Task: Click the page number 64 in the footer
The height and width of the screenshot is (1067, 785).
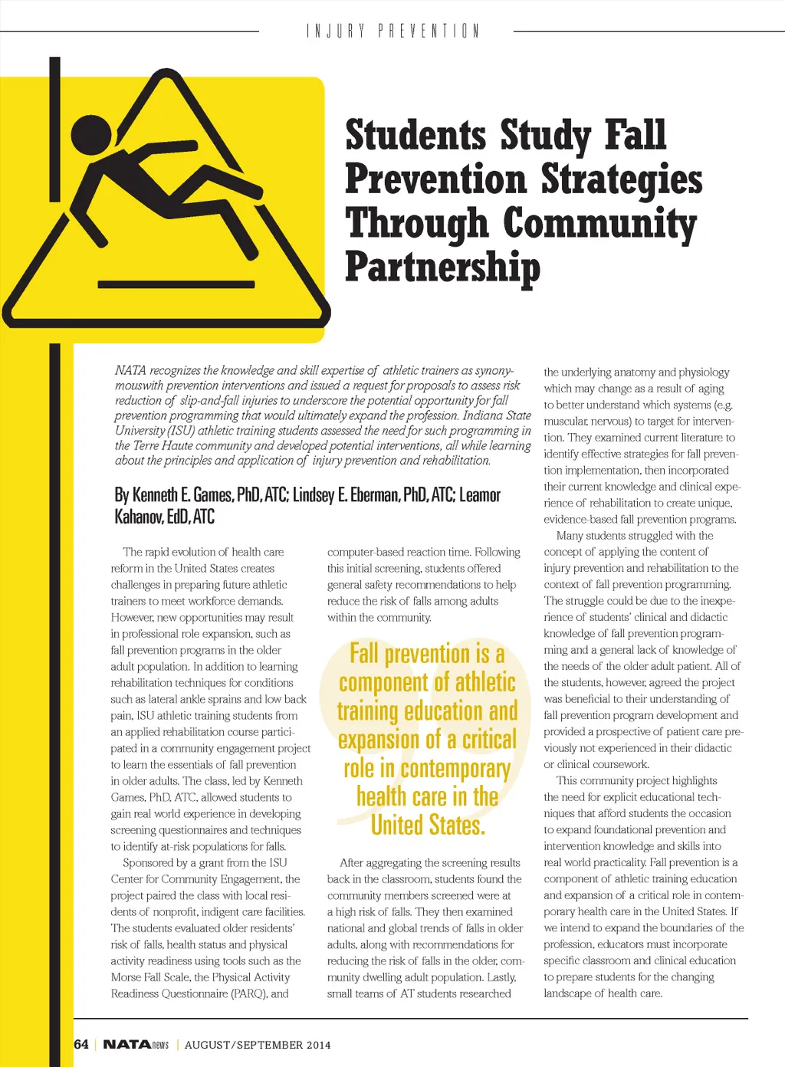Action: [81, 1044]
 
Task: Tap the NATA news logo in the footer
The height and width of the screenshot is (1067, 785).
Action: [136, 1044]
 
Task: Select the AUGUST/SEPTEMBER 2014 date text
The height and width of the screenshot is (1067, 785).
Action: [258, 1045]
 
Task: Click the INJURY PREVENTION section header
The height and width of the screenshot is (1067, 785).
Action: [392, 31]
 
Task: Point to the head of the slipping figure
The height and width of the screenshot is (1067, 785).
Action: [92, 135]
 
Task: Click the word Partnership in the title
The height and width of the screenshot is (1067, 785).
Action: [442, 267]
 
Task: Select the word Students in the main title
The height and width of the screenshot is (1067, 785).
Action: [415, 135]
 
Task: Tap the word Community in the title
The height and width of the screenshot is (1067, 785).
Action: [599, 224]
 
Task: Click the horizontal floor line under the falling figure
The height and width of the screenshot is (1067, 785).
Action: [176, 284]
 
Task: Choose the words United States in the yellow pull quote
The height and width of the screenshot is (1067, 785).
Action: [428, 826]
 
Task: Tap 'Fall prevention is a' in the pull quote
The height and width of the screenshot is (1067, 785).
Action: [427, 654]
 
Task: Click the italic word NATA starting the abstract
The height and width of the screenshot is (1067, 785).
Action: [130, 371]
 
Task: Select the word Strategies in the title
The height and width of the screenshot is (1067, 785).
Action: [622, 179]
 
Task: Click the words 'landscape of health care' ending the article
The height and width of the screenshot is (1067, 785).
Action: [603, 993]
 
